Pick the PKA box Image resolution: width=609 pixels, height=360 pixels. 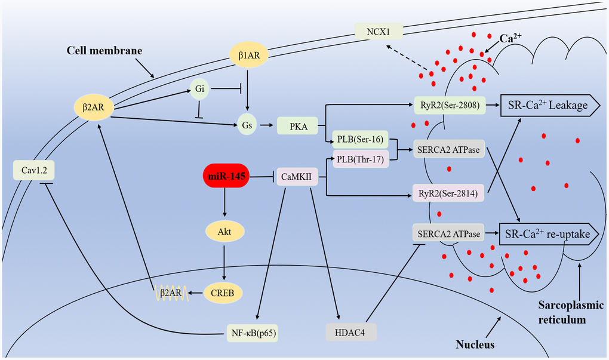(295, 127)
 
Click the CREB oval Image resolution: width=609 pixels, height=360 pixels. (226, 293)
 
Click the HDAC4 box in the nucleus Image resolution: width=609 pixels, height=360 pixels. (351, 331)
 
